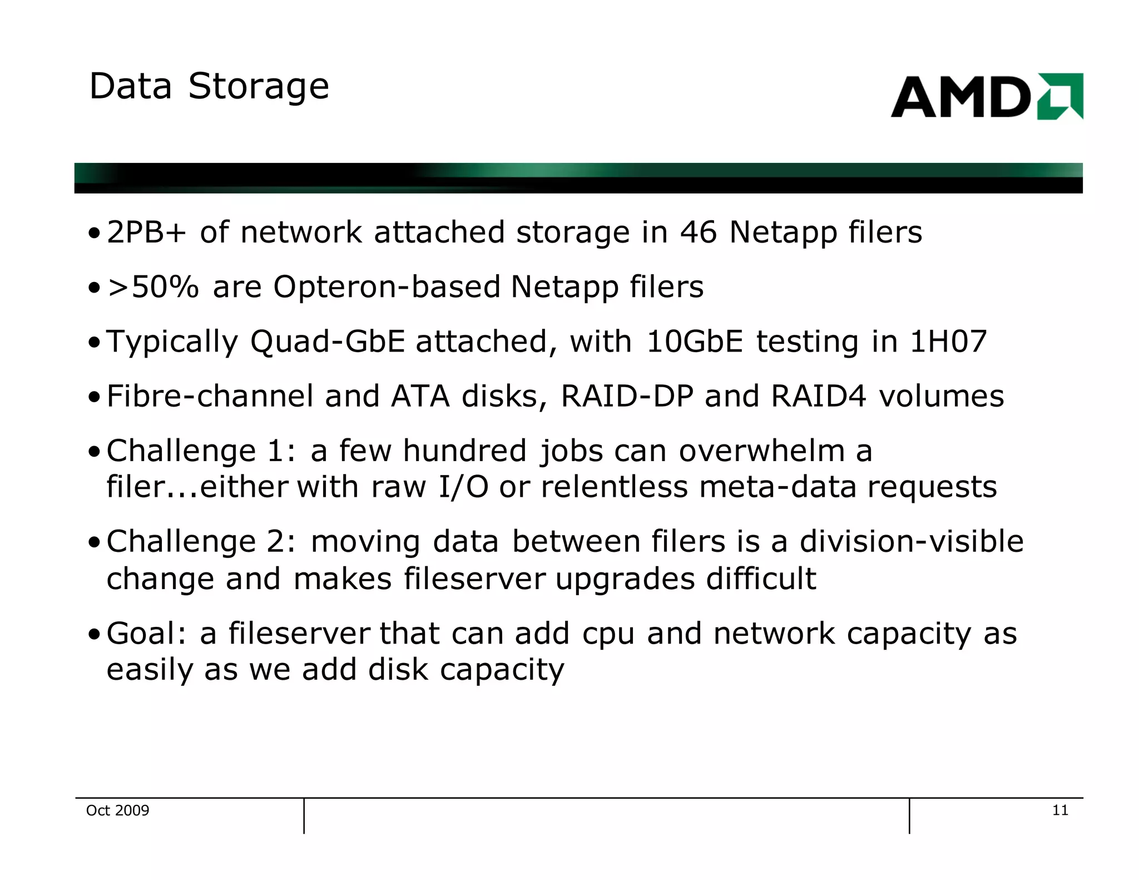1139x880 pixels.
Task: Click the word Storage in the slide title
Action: [259, 87]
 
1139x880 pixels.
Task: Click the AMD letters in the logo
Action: [960, 97]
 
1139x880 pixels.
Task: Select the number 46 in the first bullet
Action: [698, 232]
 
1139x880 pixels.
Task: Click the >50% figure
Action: [153, 287]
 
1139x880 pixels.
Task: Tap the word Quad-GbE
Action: [328, 341]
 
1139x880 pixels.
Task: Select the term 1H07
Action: [948, 341]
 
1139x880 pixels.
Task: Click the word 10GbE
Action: [695, 341]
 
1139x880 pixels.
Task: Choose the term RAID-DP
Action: [627, 396]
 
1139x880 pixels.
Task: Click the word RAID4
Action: [819, 396]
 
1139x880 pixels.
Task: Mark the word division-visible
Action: [912, 541]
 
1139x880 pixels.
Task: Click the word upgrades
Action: [625, 579]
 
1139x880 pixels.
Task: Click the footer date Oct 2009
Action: [118, 810]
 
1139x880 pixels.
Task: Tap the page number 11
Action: [1060, 810]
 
